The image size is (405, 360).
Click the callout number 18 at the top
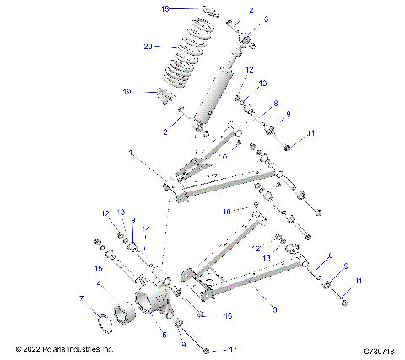pyautogui.click(x=166, y=8)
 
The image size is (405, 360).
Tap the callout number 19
pyautogui.click(x=128, y=91)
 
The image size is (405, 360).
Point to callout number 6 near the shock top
pyautogui.click(x=243, y=19)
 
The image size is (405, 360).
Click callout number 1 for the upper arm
pyautogui.click(x=131, y=153)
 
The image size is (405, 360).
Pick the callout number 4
pyautogui.click(x=99, y=283)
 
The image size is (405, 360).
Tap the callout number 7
pyautogui.click(x=81, y=298)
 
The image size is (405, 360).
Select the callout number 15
pyautogui.click(x=99, y=268)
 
